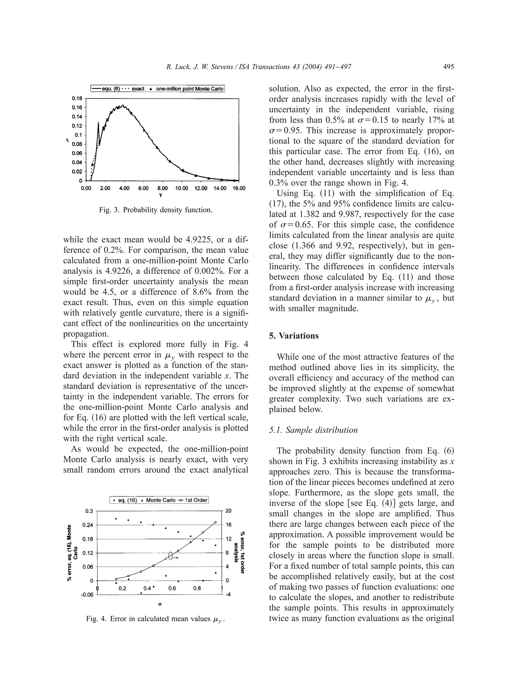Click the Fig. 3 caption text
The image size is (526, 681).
point(155,210)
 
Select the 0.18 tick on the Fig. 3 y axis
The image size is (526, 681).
point(77,98)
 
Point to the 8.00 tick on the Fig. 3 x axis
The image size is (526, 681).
point(162,188)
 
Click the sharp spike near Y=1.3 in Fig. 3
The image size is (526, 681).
point(98,124)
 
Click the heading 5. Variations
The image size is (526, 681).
point(294,336)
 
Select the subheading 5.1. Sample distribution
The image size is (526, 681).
point(313,430)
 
